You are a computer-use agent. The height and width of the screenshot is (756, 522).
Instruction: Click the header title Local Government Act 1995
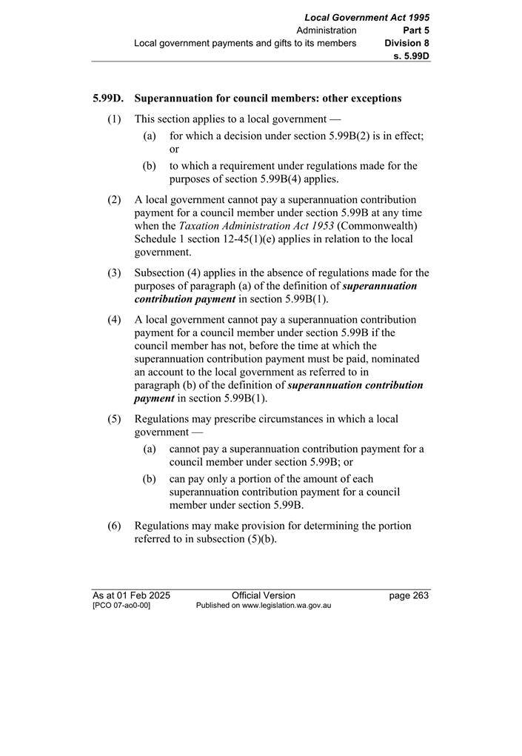pyautogui.click(x=367, y=17)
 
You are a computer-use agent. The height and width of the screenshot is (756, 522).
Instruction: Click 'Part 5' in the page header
pyautogui.click(x=416, y=30)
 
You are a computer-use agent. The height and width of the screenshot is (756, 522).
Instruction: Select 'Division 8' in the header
pyautogui.click(x=407, y=43)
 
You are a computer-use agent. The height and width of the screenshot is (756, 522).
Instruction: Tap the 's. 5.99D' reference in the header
pyautogui.click(x=412, y=56)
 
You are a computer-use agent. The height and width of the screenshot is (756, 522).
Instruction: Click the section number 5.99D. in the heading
pyautogui.click(x=108, y=98)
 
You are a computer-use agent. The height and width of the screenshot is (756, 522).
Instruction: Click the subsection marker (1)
pyautogui.click(x=114, y=118)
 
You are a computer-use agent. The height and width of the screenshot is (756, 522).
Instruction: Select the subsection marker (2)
pyautogui.click(x=114, y=200)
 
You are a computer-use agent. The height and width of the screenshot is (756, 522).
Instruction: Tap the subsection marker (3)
pyautogui.click(x=114, y=273)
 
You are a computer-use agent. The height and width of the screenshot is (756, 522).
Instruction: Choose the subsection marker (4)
pyautogui.click(x=114, y=320)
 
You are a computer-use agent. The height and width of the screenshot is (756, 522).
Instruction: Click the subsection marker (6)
pyautogui.click(x=114, y=526)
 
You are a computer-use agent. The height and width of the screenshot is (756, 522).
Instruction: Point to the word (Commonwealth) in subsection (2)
pyautogui.click(x=378, y=226)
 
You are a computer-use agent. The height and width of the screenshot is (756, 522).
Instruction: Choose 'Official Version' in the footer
pyautogui.click(x=263, y=595)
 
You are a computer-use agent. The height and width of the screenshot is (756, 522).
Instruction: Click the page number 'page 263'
pyautogui.click(x=409, y=595)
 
